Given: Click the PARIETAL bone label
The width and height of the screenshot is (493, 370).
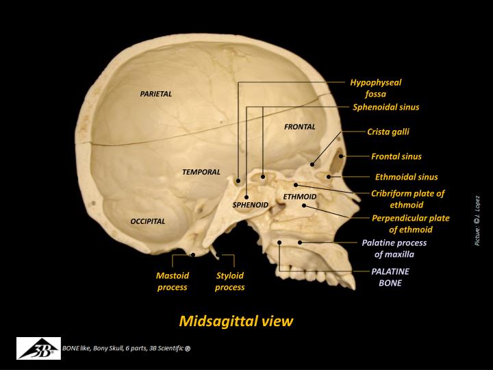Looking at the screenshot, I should [155, 94].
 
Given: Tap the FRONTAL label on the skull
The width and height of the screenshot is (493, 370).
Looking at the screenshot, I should [299, 127].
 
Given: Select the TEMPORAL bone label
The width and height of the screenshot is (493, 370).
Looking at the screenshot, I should [201, 172].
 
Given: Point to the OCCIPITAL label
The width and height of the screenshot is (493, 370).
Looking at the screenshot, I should [148, 221].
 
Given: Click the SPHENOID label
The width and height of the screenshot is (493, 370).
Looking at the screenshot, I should [250, 204].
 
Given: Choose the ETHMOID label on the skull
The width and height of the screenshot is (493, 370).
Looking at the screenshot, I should [299, 197].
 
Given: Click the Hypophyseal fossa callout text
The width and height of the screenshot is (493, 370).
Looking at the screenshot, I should [375, 88].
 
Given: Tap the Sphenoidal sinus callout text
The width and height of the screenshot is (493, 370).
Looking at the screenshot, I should [385, 107].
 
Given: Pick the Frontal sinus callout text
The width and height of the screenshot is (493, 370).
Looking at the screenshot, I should [396, 156].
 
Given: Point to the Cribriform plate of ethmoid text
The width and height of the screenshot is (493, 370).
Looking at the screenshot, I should [407, 199].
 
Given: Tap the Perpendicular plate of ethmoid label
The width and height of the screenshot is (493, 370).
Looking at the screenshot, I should [410, 223].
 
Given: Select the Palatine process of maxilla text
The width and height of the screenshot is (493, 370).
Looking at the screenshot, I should [394, 248].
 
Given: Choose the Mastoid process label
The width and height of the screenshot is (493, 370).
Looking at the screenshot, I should [172, 281].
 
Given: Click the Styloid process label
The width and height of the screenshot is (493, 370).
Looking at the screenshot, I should [229, 281].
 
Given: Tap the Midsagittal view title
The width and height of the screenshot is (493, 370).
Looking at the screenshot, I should [236, 321].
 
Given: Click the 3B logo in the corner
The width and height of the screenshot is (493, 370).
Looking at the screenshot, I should [38, 349].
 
